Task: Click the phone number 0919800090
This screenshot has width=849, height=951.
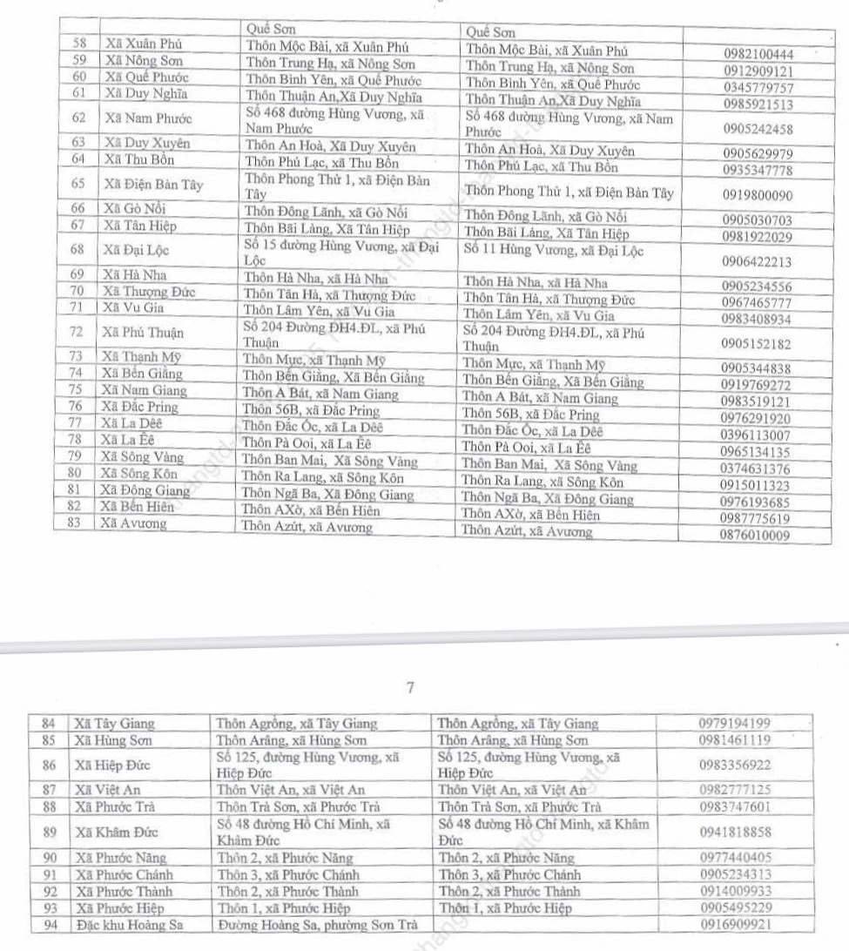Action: point(757,196)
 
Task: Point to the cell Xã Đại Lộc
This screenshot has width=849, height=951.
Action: point(135,251)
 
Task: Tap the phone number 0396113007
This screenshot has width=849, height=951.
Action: point(755,435)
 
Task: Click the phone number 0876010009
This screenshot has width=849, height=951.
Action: point(755,536)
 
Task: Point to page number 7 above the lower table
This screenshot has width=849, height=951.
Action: point(410,688)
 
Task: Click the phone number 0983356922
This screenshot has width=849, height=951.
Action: point(735,766)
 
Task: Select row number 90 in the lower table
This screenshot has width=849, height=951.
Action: point(50,858)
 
